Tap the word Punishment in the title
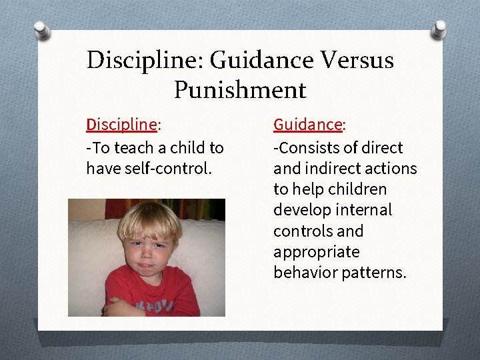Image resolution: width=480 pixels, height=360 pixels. click(x=240, y=89)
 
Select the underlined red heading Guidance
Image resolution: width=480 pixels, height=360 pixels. click(x=308, y=125)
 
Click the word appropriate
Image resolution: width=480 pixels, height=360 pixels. click(x=316, y=252)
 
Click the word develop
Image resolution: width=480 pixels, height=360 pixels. click(x=299, y=210)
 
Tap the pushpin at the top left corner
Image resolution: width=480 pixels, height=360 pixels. click(x=42, y=30)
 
